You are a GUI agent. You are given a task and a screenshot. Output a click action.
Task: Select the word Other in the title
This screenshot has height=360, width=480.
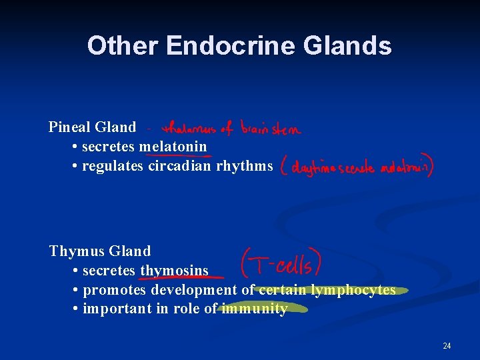click(123, 46)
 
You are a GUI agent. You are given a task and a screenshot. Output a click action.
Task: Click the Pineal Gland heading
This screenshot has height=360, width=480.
click(92, 127)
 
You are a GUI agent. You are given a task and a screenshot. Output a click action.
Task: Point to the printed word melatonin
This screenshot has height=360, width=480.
click(173, 146)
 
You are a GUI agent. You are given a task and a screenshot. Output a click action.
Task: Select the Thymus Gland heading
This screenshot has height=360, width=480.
click(100, 251)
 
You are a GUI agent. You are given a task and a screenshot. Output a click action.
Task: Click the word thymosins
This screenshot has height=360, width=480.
click(174, 271)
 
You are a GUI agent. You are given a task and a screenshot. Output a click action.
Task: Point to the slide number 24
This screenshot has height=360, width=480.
click(447, 345)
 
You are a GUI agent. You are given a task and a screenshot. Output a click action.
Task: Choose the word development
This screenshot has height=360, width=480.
click(194, 290)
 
